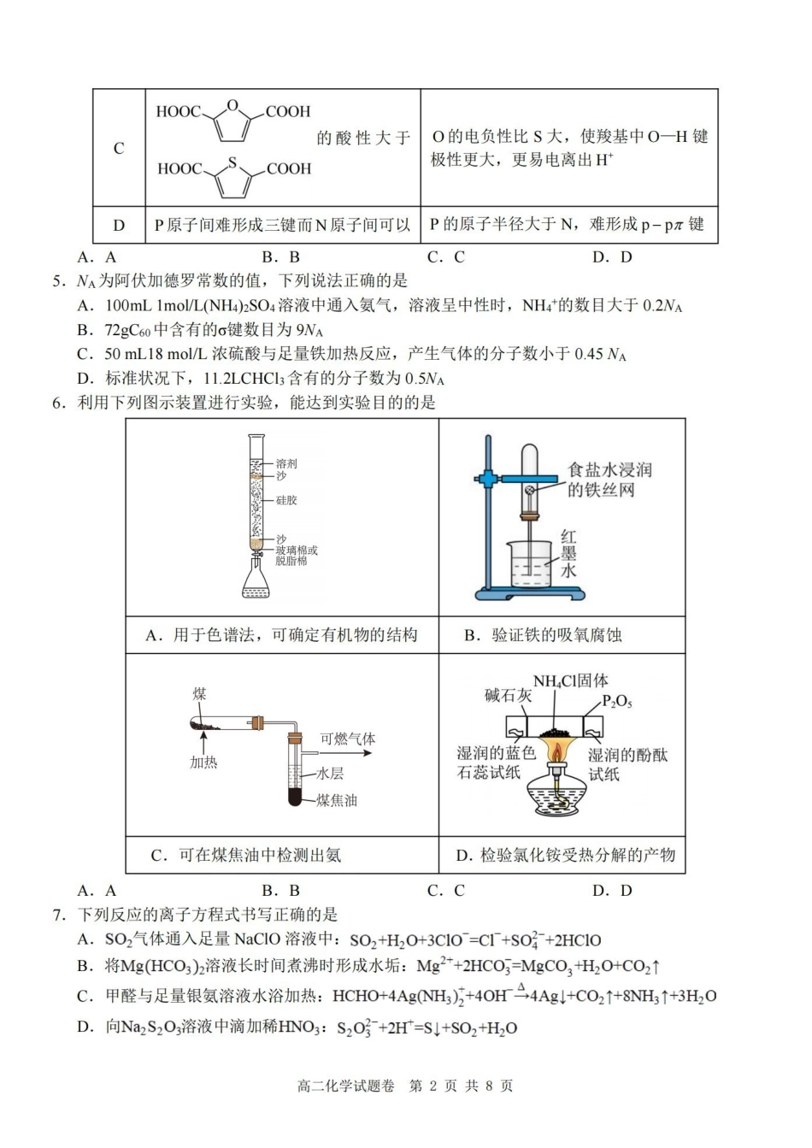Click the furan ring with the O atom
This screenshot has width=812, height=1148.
232,121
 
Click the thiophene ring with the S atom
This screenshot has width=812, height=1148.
232,179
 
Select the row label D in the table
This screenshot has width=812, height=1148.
119,226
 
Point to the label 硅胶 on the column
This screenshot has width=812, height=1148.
286,500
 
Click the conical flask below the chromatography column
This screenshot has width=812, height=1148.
255,581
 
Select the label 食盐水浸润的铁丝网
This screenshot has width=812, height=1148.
609,480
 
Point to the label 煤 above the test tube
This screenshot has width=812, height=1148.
198,694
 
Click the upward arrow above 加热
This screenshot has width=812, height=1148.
203,743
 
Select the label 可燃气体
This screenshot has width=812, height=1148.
348,739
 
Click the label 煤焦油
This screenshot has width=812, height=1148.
337,800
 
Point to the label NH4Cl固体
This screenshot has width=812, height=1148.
570,681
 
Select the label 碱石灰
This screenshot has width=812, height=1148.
508,696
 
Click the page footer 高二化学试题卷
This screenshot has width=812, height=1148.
345,1086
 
